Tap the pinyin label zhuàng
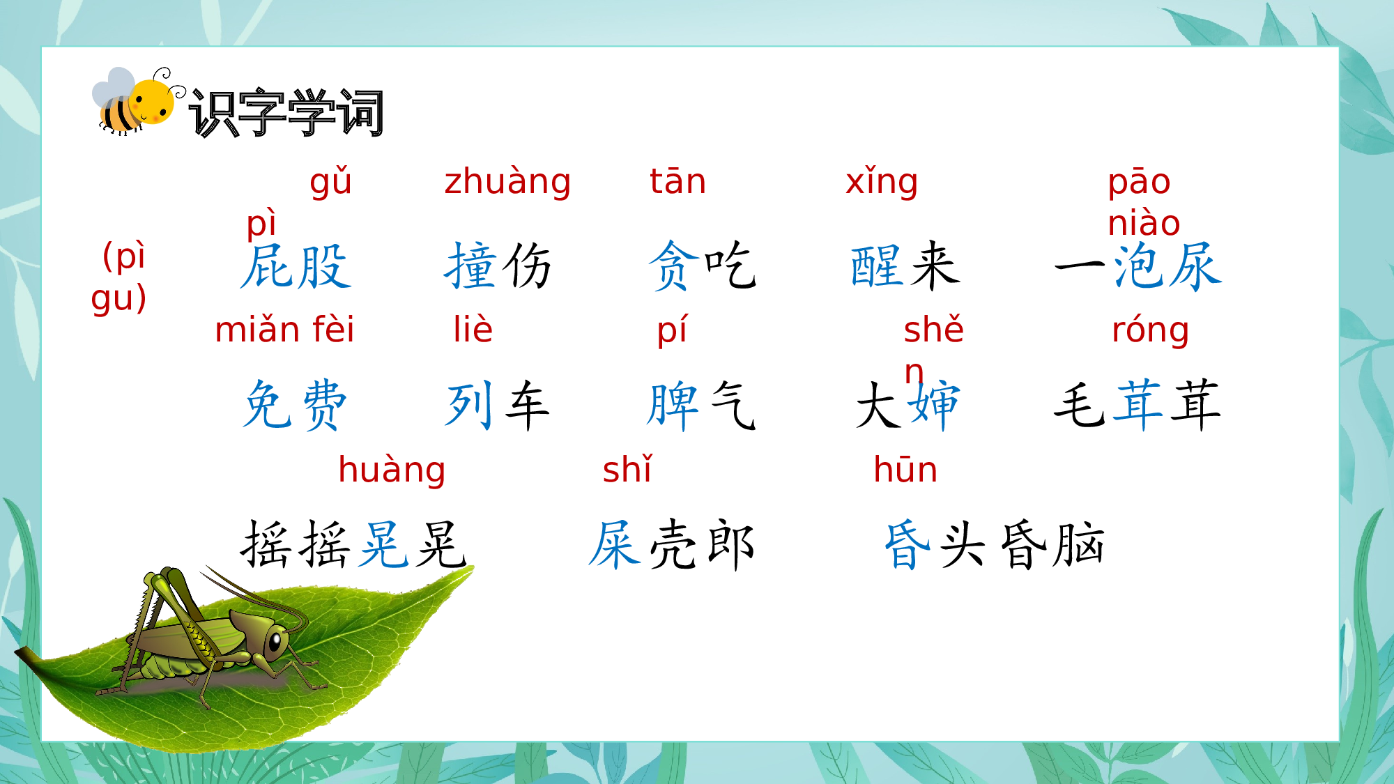click(507, 183)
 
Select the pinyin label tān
click(677, 182)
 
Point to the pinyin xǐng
click(882, 183)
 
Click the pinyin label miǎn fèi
click(284, 330)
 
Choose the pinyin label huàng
click(392, 470)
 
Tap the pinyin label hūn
click(905, 470)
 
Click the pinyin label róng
click(1150, 330)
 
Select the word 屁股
click(296, 266)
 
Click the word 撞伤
click(498, 266)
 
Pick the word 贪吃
click(702, 266)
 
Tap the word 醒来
click(905, 266)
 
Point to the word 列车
click(498, 405)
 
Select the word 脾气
click(701, 405)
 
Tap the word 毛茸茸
click(1137, 405)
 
